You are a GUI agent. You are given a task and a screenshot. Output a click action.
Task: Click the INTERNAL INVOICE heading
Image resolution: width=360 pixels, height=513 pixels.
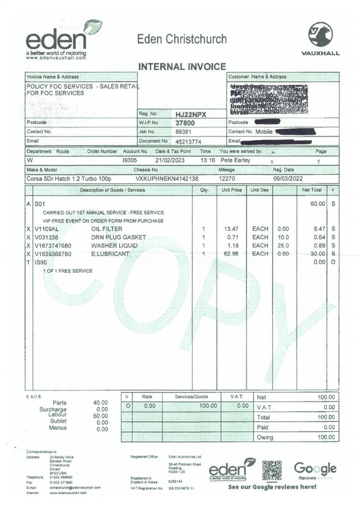click(x=182, y=66)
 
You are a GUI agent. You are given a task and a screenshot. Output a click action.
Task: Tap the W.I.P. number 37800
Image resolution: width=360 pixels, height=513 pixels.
click(x=185, y=123)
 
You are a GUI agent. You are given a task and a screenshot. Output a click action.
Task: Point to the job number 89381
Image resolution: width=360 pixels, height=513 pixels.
click(x=183, y=132)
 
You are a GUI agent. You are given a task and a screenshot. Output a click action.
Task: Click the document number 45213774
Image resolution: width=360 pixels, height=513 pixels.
click(x=188, y=141)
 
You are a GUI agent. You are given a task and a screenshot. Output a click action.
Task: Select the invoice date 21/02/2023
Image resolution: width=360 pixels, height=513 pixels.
click(x=170, y=160)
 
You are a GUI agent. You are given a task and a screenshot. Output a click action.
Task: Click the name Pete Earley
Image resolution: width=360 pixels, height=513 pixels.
click(x=235, y=160)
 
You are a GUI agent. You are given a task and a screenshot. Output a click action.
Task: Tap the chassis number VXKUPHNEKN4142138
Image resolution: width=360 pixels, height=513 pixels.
click(x=167, y=178)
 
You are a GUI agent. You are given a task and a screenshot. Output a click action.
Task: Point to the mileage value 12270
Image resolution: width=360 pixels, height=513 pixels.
click(x=227, y=178)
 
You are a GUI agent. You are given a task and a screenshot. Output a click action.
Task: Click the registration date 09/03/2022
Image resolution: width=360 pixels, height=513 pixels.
click(x=288, y=178)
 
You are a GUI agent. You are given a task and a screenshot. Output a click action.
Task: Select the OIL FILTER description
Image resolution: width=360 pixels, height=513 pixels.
click(x=107, y=229)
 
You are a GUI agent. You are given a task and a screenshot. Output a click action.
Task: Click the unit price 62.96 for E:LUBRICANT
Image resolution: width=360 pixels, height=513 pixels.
click(x=231, y=254)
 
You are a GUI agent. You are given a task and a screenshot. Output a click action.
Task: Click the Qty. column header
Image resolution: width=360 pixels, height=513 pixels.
click(x=204, y=190)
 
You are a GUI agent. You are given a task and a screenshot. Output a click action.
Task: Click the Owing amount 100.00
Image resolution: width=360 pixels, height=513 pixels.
click(x=326, y=437)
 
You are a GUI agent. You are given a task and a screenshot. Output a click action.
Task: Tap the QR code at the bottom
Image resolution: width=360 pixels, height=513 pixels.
click(x=272, y=470)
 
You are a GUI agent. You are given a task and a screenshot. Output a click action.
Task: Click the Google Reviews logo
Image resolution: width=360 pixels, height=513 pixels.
click(x=315, y=469)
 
